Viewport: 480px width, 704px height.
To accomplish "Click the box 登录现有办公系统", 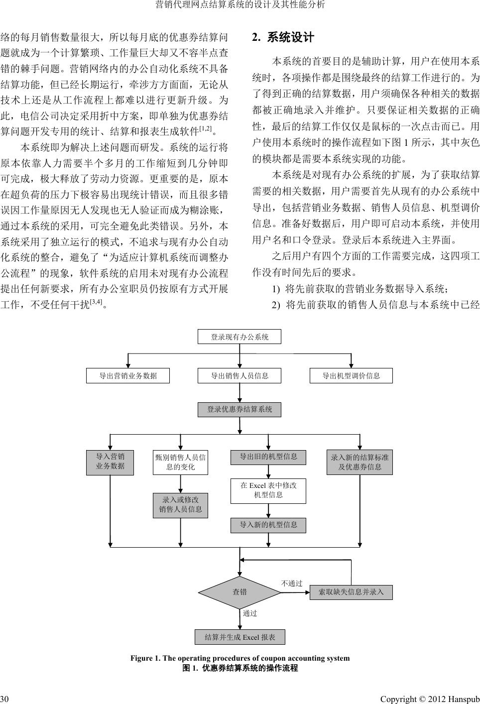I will tap(240, 337).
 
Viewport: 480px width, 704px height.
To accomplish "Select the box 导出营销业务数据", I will tap(128, 376).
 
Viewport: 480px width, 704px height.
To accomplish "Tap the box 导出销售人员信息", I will tap(240, 376).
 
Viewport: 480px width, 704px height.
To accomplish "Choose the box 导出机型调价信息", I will tap(351, 376).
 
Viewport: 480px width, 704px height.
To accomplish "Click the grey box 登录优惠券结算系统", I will tap(240, 410).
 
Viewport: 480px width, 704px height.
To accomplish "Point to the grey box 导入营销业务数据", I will tap(110, 462).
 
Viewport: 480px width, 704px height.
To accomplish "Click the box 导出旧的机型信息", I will tap(268, 457).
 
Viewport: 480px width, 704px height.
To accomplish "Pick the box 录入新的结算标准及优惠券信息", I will tap(360, 462).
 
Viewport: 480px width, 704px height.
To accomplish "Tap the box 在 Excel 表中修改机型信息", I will tap(268, 490).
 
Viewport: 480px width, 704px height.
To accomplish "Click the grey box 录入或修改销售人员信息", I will tap(180, 505).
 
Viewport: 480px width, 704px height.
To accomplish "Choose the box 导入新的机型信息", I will tap(268, 525).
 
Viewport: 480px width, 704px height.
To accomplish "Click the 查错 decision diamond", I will tap(240, 592).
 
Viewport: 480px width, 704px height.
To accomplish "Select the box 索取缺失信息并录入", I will tap(351, 592).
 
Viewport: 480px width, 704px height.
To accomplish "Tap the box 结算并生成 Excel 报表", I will tap(240, 637).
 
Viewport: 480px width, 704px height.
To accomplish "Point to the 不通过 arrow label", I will tap(292, 583).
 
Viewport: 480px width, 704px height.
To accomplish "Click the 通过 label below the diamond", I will tap(250, 613).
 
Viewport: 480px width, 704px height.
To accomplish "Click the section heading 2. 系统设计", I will tap(283, 37).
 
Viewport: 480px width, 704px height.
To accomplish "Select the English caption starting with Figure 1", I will tap(240, 658).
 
